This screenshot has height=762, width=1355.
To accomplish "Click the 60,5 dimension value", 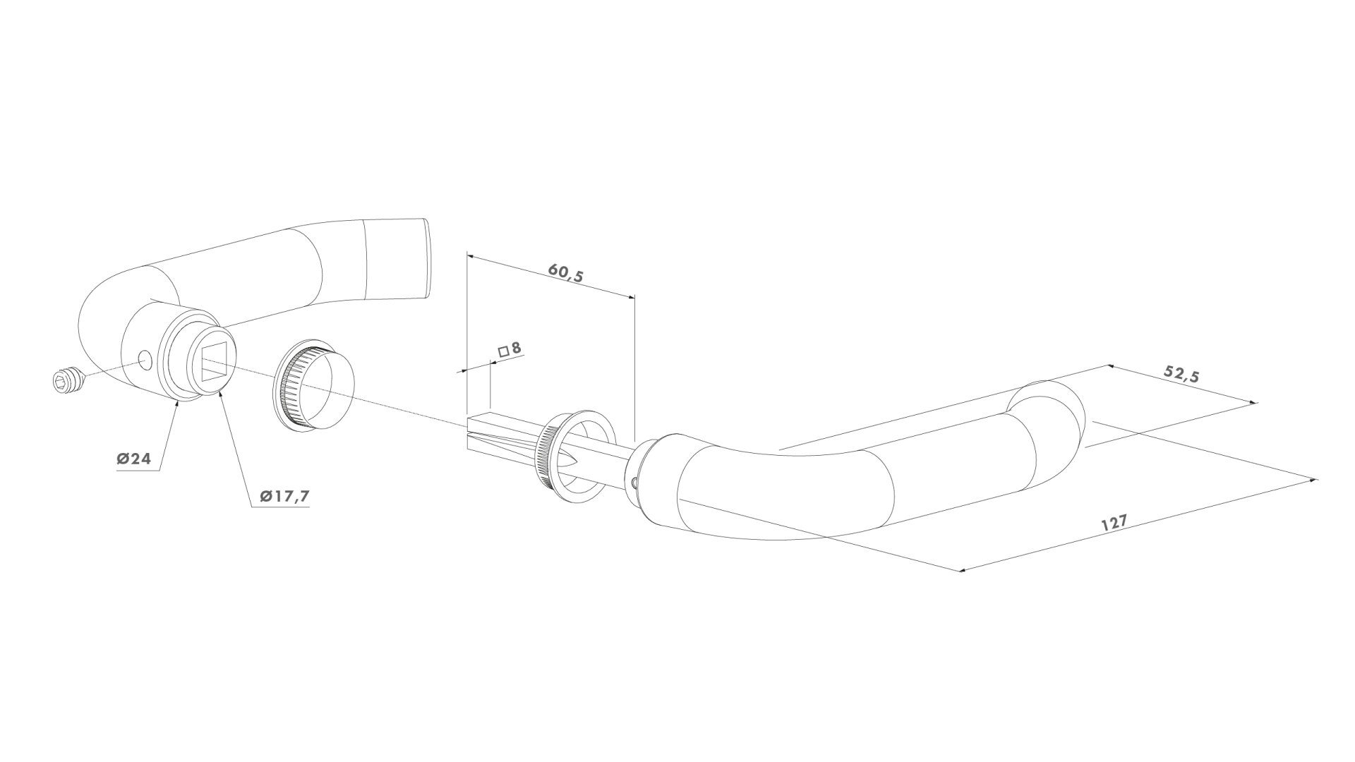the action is pyautogui.click(x=566, y=273).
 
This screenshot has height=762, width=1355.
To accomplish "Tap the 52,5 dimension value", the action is pyautogui.click(x=1181, y=375).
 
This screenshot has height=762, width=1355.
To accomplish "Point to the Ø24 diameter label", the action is pyautogui.click(x=134, y=459).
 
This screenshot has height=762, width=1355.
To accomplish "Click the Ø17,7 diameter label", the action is pyautogui.click(x=284, y=497).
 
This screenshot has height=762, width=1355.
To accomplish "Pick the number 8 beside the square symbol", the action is pyautogui.click(x=516, y=348).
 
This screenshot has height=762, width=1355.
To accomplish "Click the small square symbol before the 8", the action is pyautogui.click(x=503, y=351).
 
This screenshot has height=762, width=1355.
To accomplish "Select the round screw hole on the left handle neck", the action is pyautogui.click(x=145, y=361).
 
